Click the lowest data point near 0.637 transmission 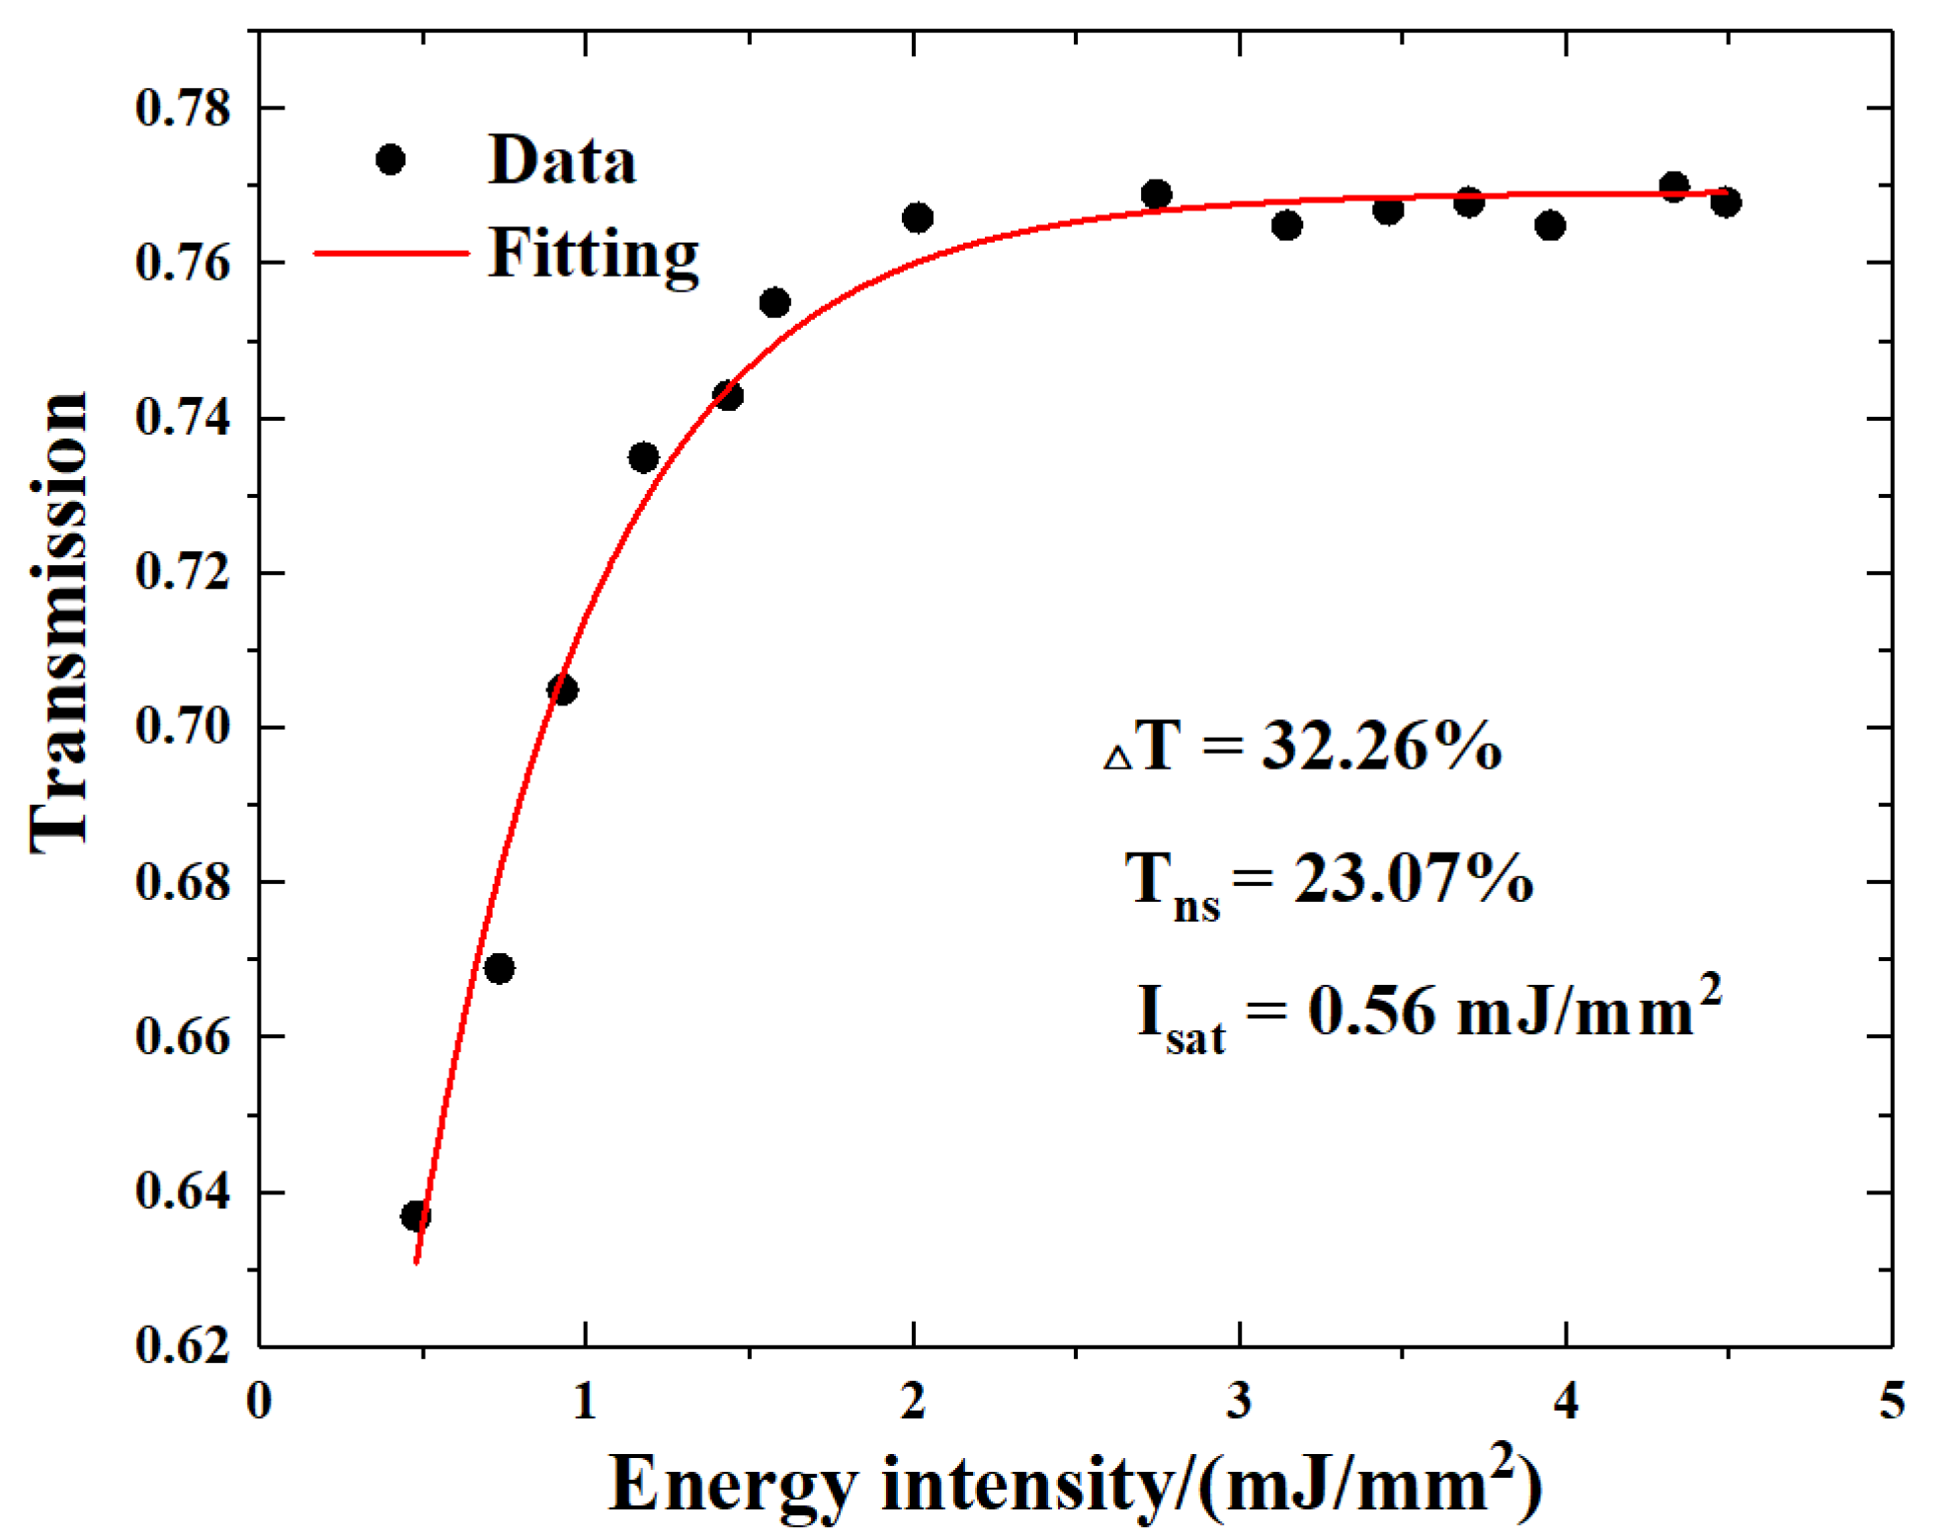(x=416, y=1216)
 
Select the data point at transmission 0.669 (x=500, y=968)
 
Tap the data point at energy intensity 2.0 (x=918, y=217)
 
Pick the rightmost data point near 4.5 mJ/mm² (x=1726, y=202)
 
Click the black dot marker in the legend (x=390, y=159)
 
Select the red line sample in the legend (x=390, y=254)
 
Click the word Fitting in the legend (x=594, y=254)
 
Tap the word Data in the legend (x=562, y=160)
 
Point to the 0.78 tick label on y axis (x=183, y=108)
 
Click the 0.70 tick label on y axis (x=183, y=727)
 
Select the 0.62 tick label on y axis (x=183, y=1345)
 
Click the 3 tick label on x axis (x=1239, y=1400)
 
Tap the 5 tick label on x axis (x=1891, y=1400)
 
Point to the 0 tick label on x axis (x=259, y=1400)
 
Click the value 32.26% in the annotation (x=1381, y=746)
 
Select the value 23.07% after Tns (x=1413, y=877)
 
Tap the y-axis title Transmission (x=59, y=622)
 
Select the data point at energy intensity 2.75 (x=1156, y=194)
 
